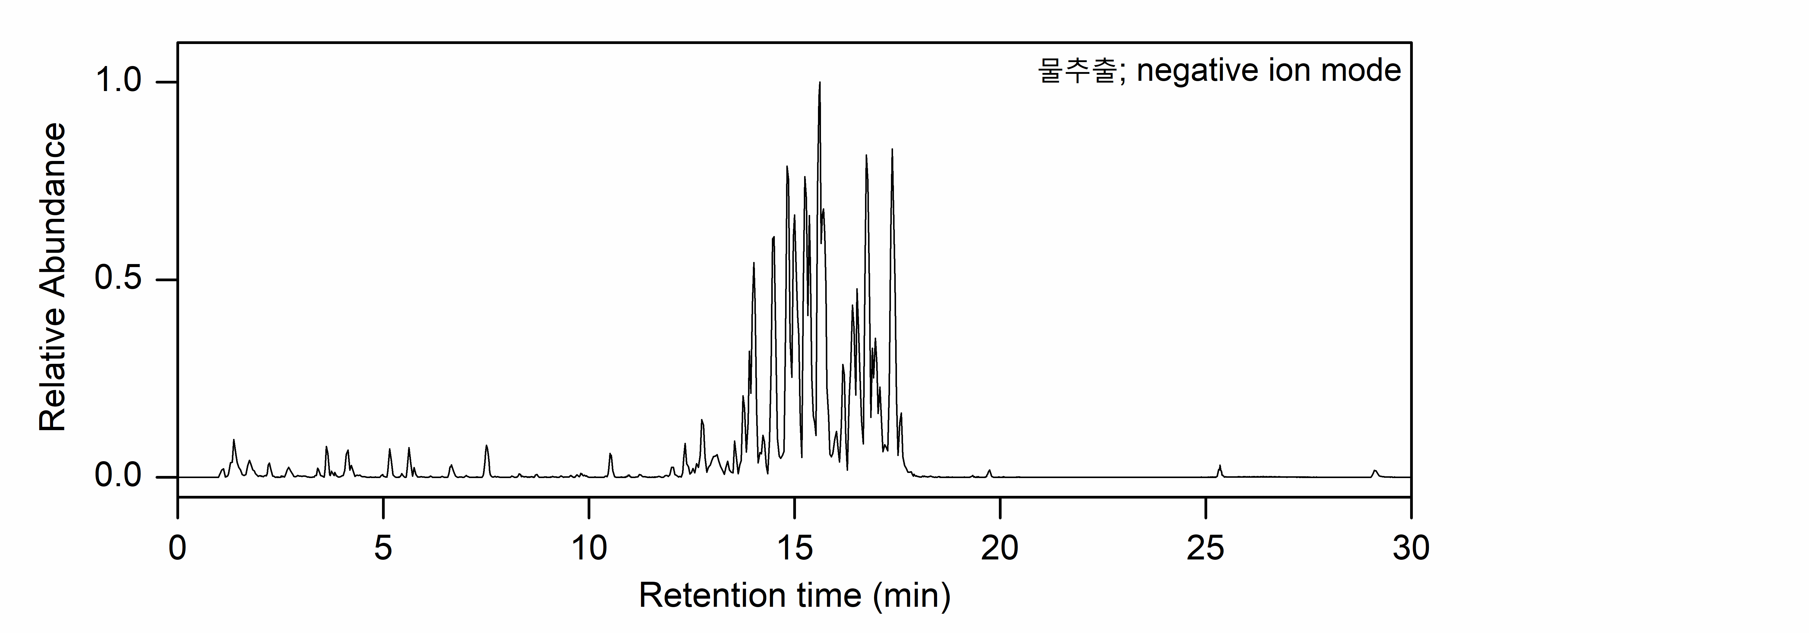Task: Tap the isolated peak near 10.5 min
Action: coord(610,455)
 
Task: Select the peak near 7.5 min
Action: coord(486,446)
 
